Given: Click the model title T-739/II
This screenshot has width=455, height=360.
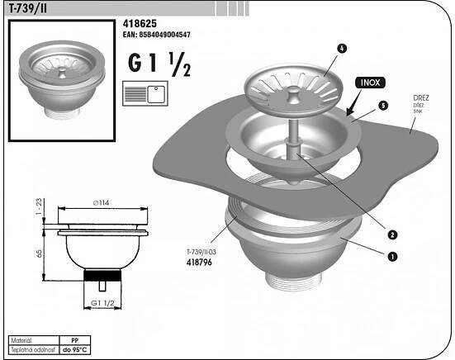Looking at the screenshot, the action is [x=27, y=9].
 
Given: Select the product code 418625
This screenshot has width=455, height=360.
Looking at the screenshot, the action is [x=140, y=23].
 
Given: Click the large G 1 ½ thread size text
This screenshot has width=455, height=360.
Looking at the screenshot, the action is [x=159, y=64].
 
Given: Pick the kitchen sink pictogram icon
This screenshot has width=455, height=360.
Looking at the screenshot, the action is [x=145, y=93].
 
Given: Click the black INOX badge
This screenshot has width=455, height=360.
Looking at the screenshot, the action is [x=370, y=83].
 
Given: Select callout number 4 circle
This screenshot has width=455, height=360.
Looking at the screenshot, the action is [x=342, y=49].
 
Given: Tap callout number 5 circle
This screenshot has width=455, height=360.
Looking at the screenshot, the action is [x=383, y=106].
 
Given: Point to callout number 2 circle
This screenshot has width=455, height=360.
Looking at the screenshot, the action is [x=392, y=234].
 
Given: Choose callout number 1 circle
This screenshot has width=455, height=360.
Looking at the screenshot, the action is [x=392, y=257].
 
